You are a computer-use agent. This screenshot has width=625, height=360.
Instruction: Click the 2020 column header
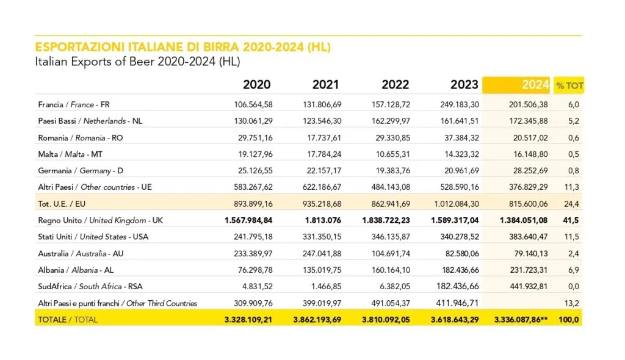point(256,85)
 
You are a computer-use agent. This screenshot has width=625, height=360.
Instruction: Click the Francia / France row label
point(73,104)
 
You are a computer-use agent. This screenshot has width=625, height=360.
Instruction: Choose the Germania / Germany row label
point(75,171)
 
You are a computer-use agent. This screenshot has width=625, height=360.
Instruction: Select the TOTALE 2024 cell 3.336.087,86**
point(516,319)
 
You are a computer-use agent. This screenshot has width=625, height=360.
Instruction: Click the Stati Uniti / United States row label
point(93,237)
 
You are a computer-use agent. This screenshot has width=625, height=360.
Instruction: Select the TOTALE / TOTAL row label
point(67,319)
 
